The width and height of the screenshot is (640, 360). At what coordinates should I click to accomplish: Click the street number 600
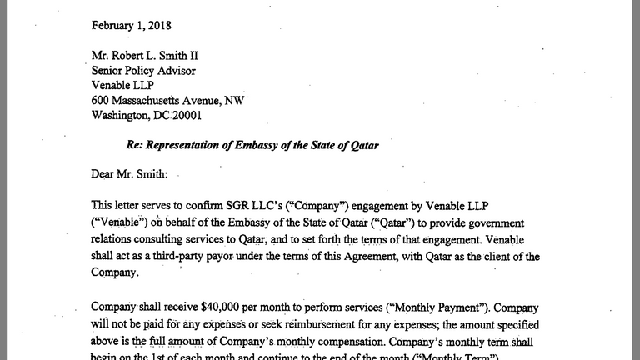pos(102,101)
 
